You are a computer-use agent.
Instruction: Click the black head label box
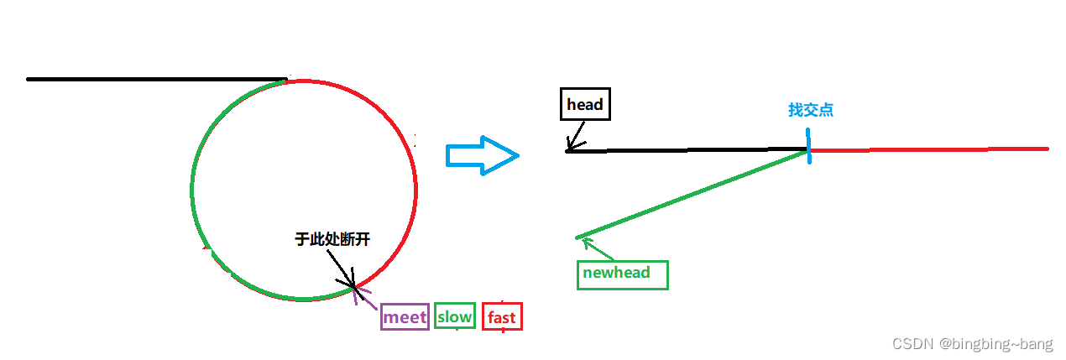point(584,105)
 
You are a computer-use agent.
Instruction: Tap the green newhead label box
point(622,274)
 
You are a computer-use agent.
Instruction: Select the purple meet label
point(405,316)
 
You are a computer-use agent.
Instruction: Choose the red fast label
point(502,317)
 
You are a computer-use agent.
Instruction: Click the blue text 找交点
point(810,110)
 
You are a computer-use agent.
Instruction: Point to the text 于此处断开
point(332,239)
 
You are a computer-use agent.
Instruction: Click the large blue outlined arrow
point(481,154)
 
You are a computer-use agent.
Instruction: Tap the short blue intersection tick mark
point(809,147)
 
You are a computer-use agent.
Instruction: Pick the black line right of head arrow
point(688,150)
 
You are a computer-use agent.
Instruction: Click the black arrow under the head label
point(576,137)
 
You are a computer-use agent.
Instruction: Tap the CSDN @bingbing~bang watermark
point(972,344)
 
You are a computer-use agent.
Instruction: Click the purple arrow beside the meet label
point(367,298)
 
